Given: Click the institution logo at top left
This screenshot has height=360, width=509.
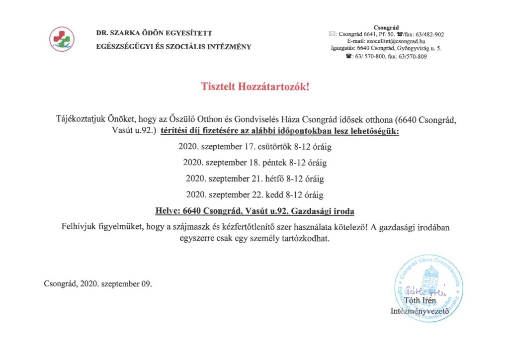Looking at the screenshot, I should click(62, 39).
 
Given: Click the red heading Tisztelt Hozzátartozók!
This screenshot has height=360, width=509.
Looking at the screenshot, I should click(255, 87).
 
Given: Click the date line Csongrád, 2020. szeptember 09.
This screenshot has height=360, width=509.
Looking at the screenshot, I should click(98, 284).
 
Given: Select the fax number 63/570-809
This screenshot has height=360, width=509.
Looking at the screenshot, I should click(415, 57).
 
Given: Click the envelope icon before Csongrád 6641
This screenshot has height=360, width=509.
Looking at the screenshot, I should click(332, 34).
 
